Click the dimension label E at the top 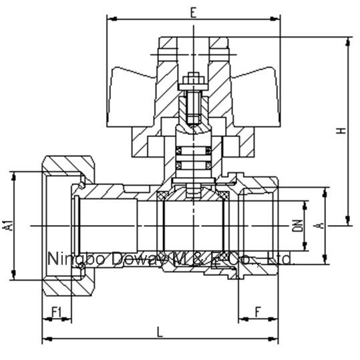(x=193, y=12)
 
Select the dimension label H (x=341, y=132)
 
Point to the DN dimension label (x=299, y=226)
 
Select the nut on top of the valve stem (x=192, y=79)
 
